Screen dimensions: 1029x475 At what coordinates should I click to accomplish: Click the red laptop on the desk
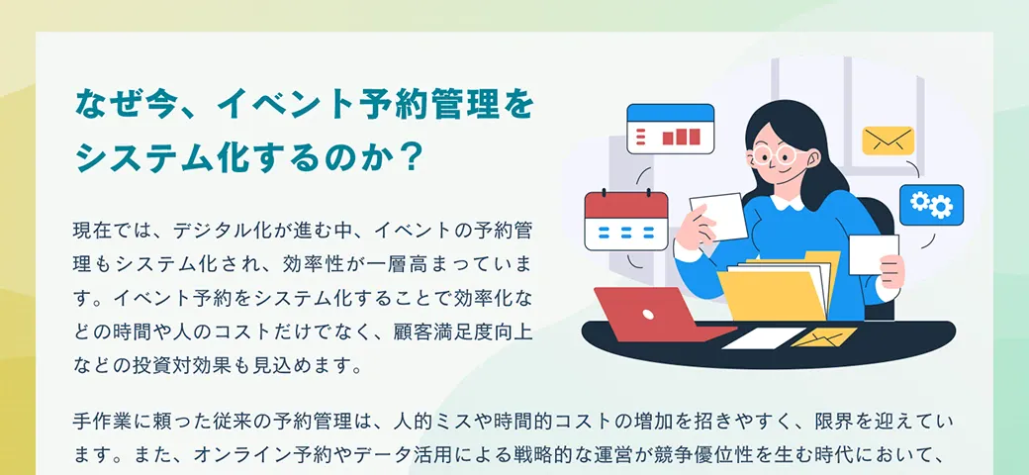pyautogui.click(x=656, y=315)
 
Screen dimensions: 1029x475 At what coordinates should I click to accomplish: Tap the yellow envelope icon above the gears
pyautogui.click(x=888, y=141)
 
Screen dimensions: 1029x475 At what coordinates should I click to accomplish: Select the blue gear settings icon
pyautogui.click(x=931, y=205)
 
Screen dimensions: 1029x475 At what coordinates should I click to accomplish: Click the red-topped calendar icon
pyautogui.click(x=626, y=221)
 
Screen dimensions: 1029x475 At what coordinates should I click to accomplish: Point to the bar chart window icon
pyautogui.click(x=670, y=130)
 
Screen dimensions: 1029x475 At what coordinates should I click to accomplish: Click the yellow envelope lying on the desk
pyautogui.click(x=823, y=337)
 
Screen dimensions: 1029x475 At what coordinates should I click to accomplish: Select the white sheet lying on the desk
pyautogui.click(x=763, y=337)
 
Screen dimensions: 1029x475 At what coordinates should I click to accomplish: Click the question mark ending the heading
pyautogui.click(x=409, y=157)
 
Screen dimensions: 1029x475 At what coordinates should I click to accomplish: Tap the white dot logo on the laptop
pyautogui.click(x=648, y=315)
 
